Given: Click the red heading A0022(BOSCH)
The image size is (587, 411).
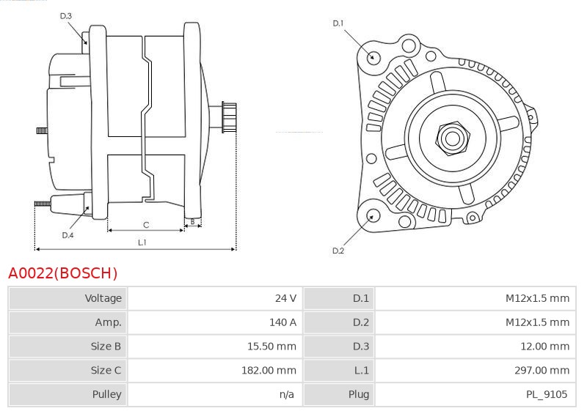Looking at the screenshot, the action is [x=62, y=273].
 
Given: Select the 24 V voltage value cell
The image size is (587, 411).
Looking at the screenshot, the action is [x=285, y=298].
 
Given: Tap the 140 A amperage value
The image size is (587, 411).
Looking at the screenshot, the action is [x=282, y=322].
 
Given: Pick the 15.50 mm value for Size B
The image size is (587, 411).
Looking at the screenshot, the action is [x=271, y=347].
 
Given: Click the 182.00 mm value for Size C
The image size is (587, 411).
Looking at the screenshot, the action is [x=269, y=370].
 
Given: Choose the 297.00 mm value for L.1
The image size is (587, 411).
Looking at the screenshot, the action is [x=542, y=370].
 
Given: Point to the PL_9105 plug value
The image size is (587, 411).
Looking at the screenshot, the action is [x=547, y=394].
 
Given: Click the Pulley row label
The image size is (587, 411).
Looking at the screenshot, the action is [x=106, y=394].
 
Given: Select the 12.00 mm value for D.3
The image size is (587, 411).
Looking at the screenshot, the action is [x=544, y=347].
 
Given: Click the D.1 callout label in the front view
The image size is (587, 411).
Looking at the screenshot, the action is [x=338, y=23].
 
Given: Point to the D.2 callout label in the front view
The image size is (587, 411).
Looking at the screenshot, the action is [x=338, y=251].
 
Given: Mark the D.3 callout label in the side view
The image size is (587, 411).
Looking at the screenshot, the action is [x=65, y=15].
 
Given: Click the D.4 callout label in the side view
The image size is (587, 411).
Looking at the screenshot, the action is [x=68, y=235].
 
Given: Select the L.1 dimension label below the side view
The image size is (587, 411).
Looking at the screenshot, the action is [x=142, y=242].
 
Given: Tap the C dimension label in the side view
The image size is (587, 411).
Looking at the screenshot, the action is [x=146, y=225].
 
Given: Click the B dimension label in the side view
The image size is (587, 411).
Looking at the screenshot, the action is [x=192, y=221].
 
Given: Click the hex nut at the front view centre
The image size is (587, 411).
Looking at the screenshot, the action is [x=453, y=138].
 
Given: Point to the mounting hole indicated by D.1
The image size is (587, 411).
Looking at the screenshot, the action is [x=372, y=58].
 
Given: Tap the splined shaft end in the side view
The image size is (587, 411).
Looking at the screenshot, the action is [x=229, y=117].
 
